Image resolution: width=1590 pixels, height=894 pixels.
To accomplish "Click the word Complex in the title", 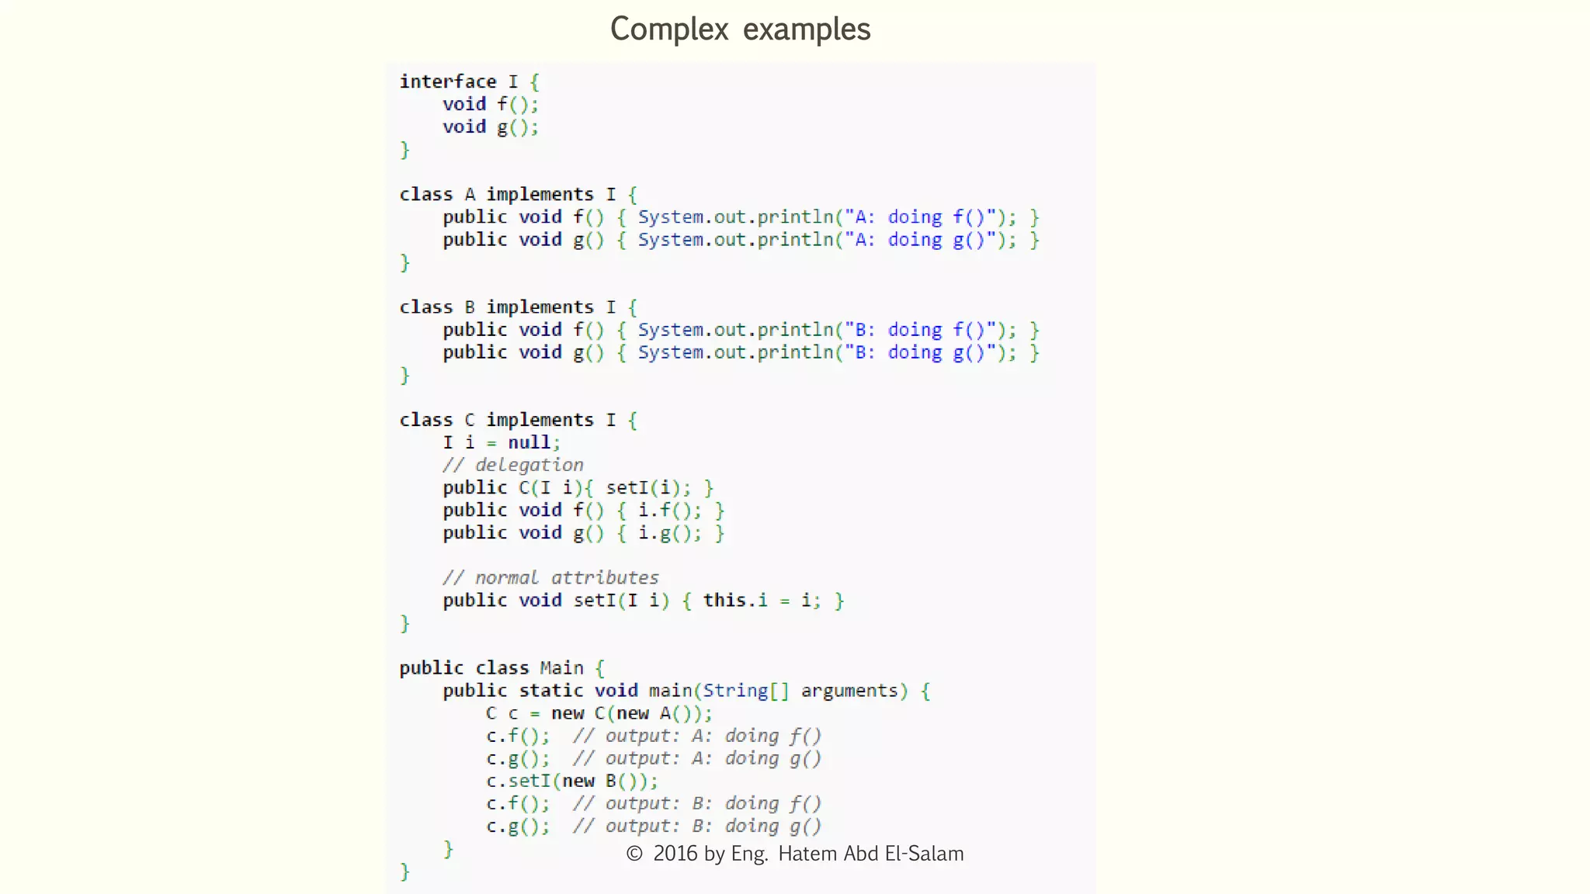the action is (x=669, y=29).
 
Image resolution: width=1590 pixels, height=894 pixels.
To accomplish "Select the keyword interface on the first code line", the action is (x=448, y=81).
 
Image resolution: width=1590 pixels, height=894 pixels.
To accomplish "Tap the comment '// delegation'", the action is (x=513, y=465).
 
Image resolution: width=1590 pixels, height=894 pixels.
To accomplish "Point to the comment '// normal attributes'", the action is (x=550, y=577).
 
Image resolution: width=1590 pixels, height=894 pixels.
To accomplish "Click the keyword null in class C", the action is (x=529, y=442).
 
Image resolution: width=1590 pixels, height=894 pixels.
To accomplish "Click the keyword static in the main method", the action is (x=551, y=691).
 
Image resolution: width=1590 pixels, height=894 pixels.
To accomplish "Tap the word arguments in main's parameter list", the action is (x=849, y=691).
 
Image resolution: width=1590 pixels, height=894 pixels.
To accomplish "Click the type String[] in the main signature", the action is (x=745, y=691).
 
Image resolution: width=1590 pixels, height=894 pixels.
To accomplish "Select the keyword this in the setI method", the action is (x=724, y=601).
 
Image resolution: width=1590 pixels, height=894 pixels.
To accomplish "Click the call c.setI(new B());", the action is (x=572, y=781).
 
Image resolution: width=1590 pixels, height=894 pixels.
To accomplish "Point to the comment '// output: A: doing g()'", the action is (x=696, y=758).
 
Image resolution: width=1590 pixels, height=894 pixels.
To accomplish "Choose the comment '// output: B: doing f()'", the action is (x=696, y=803).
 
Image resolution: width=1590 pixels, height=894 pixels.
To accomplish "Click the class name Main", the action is (x=561, y=668).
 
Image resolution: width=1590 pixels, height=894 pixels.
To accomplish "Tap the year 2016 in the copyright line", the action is (x=675, y=854).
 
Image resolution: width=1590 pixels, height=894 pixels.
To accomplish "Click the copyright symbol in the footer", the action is (x=634, y=854).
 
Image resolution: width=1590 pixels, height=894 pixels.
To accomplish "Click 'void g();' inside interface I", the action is (x=491, y=126).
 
